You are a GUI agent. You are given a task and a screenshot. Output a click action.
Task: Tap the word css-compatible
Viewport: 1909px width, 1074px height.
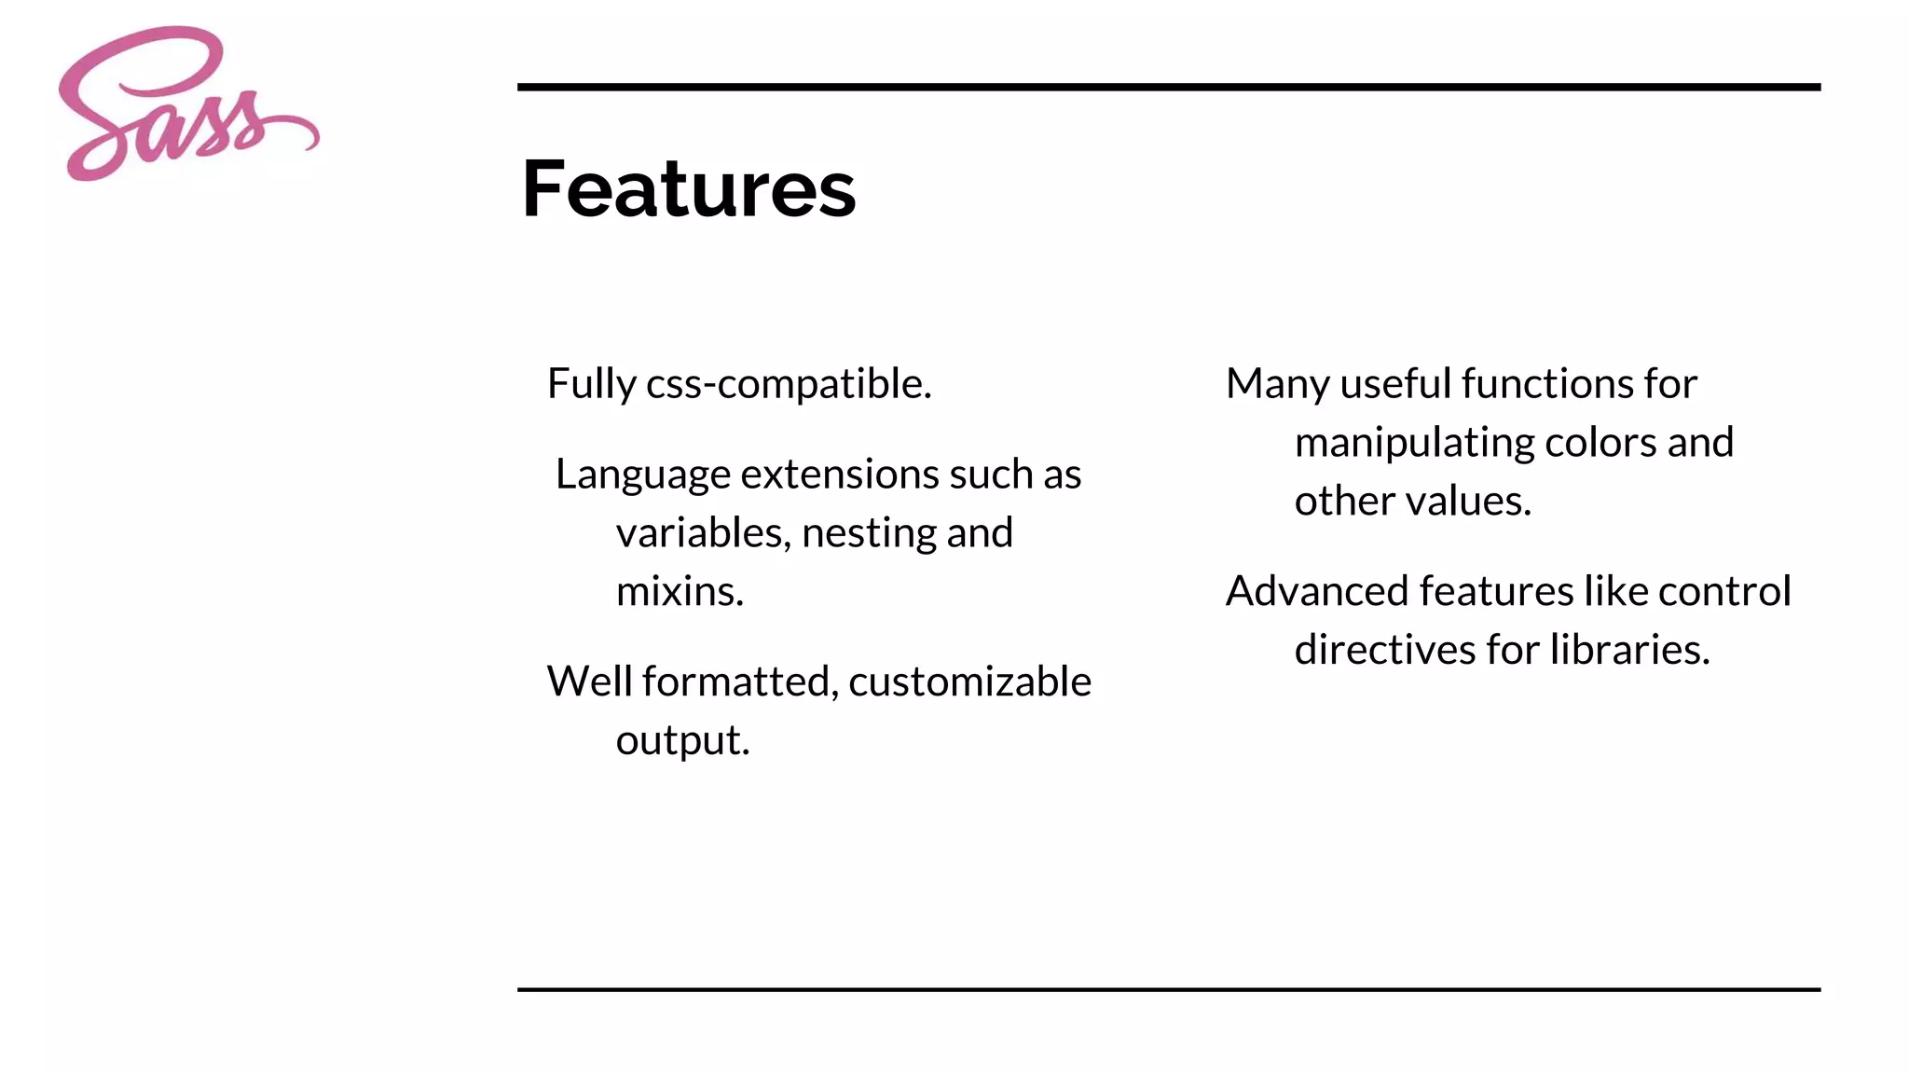point(789,384)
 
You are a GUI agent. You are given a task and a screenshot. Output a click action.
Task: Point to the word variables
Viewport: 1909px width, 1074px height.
point(703,533)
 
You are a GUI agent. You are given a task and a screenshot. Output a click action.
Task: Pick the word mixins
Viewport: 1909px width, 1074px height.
point(680,592)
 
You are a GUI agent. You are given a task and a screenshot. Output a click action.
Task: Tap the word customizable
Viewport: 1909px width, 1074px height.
point(969,682)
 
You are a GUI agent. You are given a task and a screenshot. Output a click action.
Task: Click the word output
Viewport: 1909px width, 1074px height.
point(682,740)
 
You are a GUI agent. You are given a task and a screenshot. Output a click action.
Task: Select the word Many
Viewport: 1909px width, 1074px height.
point(1278,384)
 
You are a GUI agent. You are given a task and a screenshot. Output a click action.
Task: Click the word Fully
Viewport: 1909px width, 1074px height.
point(591,384)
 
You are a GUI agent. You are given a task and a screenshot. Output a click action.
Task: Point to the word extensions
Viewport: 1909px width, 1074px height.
point(839,475)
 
